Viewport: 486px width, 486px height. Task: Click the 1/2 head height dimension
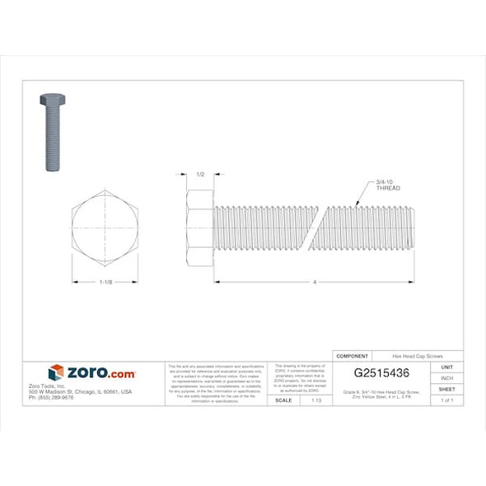201,175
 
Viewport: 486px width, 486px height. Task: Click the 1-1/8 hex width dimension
105,283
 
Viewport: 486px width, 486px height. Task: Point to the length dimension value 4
315,283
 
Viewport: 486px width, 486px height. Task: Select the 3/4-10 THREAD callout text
387,185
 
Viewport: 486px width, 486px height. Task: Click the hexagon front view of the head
105,227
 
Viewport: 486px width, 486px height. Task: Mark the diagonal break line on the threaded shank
315,227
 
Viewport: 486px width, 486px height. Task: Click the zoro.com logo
91,373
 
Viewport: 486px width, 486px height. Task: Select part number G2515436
381,373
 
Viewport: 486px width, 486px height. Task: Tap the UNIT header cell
447,367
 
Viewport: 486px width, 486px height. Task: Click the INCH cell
447,378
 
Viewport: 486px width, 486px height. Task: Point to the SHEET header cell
447,389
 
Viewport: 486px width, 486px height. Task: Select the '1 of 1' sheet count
447,400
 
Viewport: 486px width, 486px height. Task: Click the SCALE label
283,400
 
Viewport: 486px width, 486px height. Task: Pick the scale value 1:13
315,400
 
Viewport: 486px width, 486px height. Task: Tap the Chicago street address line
91,391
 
